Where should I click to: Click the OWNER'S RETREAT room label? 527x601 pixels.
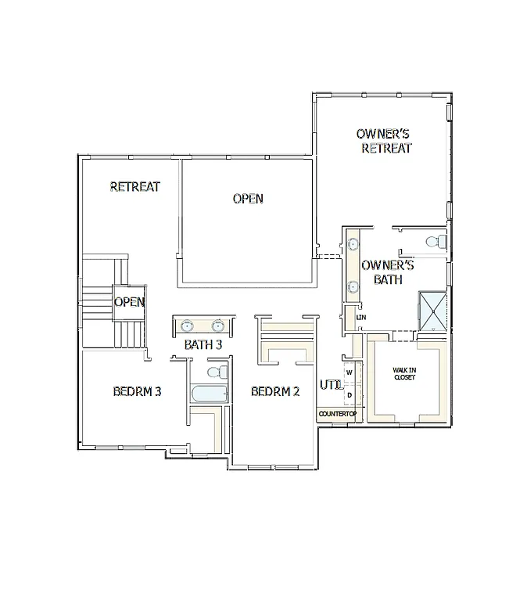(x=384, y=141)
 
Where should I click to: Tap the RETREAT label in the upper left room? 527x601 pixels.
(x=135, y=187)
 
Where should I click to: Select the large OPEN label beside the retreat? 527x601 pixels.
(x=248, y=199)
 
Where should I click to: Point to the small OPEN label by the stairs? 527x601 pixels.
(x=129, y=302)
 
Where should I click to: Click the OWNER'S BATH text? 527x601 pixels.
(x=388, y=272)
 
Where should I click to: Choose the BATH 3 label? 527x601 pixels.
(x=203, y=344)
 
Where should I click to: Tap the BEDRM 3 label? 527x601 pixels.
(x=137, y=391)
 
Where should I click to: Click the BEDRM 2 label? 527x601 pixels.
(x=275, y=391)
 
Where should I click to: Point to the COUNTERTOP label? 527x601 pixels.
(x=337, y=413)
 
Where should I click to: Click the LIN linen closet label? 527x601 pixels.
(x=361, y=318)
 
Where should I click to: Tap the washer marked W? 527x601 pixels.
(x=350, y=373)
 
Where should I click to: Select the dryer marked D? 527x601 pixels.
(x=350, y=394)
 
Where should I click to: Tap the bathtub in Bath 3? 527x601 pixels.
(x=209, y=393)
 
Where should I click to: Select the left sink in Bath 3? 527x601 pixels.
(x=188, y=326)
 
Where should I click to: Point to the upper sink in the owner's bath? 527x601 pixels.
(x=353, y=244)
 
